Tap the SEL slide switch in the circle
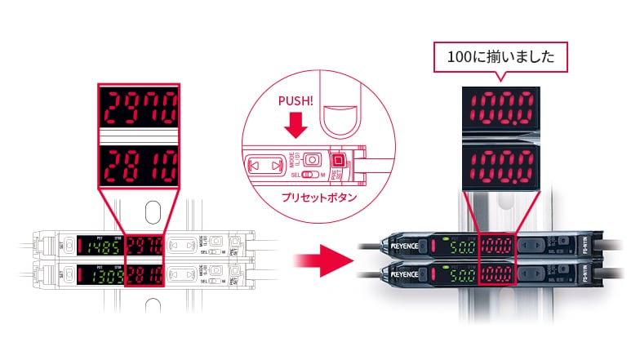pyautogui.click(x=309, y=175)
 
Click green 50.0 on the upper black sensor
pyautogui.click(x=460, y=246)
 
